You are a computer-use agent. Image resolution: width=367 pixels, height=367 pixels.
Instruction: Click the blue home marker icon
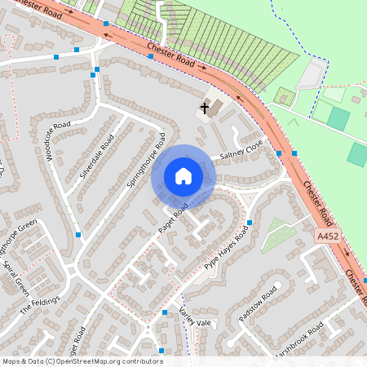(x=183, y=175)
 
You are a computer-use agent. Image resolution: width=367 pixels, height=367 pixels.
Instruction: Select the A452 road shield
(x=326, y=236)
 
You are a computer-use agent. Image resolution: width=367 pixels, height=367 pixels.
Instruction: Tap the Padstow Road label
(x=262, y=302)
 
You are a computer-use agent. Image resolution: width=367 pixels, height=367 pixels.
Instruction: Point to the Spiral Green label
(x=16, y=280)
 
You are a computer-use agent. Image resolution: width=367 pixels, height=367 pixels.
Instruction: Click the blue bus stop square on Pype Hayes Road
(x=249, y=222)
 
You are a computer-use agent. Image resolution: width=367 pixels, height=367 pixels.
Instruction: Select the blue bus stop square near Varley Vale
(x=165, y=312)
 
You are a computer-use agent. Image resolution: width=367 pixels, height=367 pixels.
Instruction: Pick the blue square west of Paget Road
(x=79, y=235)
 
